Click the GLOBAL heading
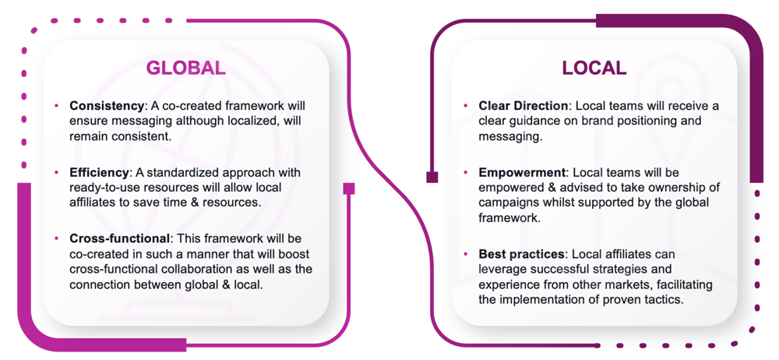tap(186, 68)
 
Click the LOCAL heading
tap(594, 68)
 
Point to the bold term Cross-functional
tap(118, 238)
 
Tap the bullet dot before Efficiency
tap(56, 172)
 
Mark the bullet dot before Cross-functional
tap(56, 238)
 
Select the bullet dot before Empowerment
tap(465, 172)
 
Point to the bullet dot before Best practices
tap(465, 254)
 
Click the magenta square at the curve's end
tap(349, 189)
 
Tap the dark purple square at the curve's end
tap(432, 177)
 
